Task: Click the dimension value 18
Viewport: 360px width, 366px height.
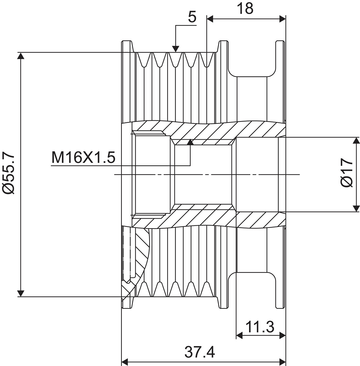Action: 245,8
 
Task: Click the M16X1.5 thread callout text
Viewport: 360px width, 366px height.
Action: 83,158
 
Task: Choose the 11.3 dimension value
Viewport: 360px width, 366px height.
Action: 260,327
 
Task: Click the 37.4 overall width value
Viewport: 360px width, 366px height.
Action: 200,352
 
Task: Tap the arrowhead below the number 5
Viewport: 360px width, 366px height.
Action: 176,49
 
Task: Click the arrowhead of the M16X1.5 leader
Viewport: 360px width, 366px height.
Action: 190,142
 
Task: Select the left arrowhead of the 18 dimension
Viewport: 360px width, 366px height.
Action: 210,19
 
